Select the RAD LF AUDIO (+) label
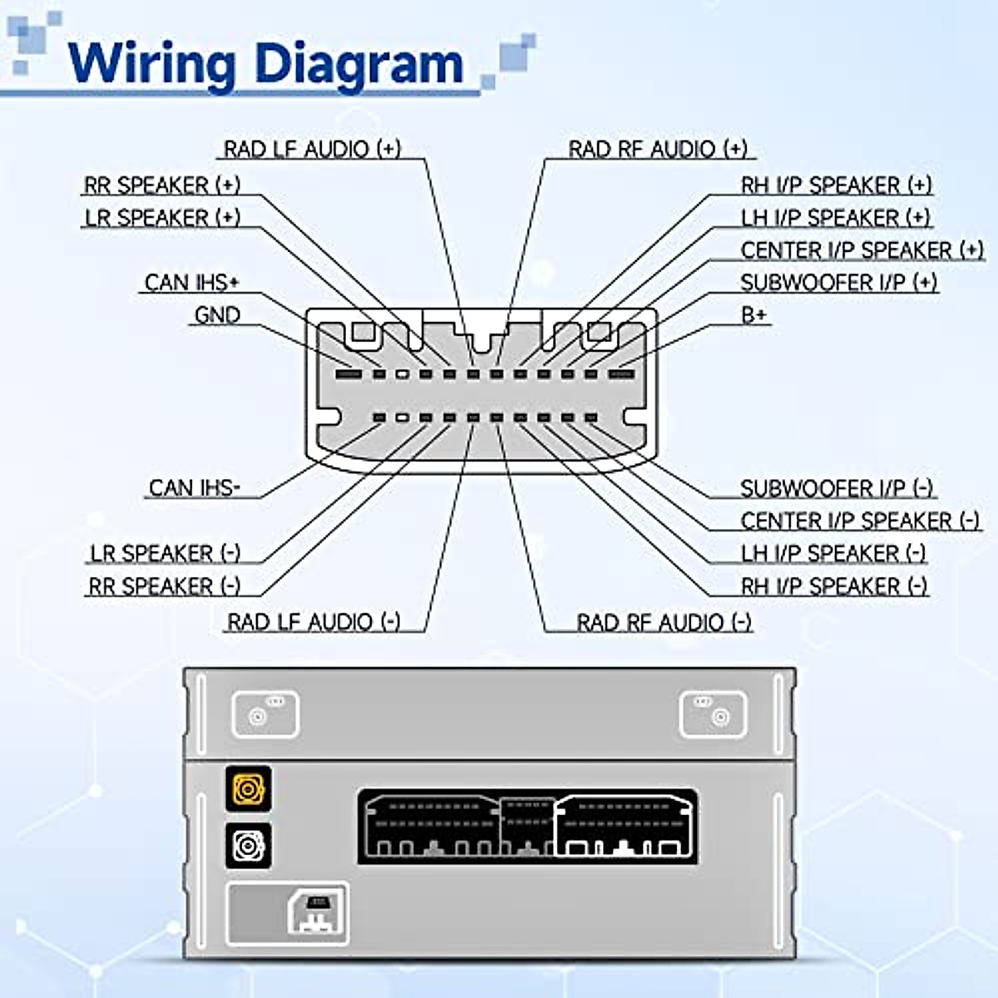(312, 149)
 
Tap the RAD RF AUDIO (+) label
(657, 149)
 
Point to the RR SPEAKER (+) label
(161, 185)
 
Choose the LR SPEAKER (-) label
(165, 553)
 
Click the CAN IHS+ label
(191, 283)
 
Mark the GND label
(217, 315)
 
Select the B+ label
(753, 315)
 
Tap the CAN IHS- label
(194, 487)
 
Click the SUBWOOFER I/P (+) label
(838, 283)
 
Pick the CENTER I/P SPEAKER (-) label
(860, 521)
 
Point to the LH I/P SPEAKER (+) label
(835, 218)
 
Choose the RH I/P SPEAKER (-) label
(833, 586)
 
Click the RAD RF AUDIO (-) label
(664, 622)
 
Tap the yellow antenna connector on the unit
(248, 788)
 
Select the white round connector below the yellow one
(248, 846)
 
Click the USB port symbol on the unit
(317, 913)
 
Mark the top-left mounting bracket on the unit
(264, 714)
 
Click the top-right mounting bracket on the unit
(713, 714)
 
